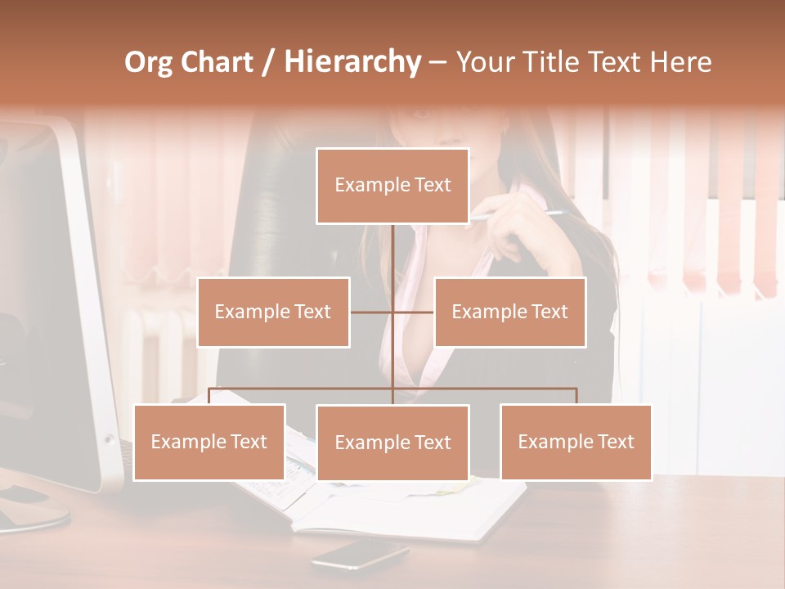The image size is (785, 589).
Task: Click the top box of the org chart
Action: pyautogui.click(x=392, y=186)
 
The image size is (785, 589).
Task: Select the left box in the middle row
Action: pyautogui.click(x=273, y=312)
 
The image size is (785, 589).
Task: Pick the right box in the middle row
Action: pyautogui.click(x=509, y=312)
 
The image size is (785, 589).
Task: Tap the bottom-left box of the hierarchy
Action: pyautogui.click(x=209, y=442)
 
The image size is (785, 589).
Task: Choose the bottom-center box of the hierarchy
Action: pyautogui.click(x=392, y=443)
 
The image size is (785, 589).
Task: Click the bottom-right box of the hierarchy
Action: pyautogui.click(x=576, y=442)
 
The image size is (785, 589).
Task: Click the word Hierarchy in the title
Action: pyautogui.click(x=352, y=62)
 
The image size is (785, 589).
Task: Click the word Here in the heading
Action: pyautogui.click(x=680, y=62)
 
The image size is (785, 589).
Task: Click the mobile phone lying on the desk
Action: pyautogui.click(x=360, y=555)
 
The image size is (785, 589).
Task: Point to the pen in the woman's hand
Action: pyautogui.click(x=523, y=215)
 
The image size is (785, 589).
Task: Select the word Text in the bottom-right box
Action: pyautogui.click(x=616, y=442)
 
